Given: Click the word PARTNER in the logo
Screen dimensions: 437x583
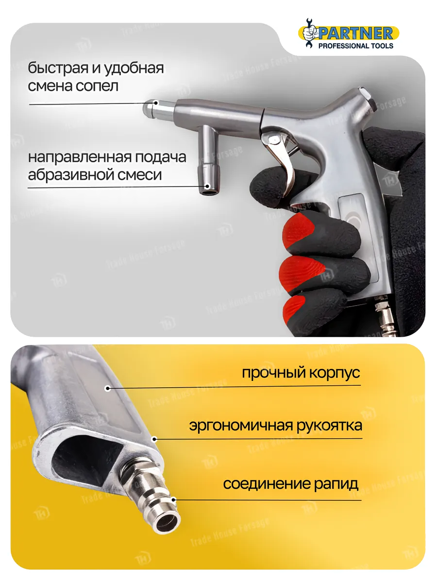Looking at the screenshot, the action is click(356, 34).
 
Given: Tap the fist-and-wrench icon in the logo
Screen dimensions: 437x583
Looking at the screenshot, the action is click(310, 33).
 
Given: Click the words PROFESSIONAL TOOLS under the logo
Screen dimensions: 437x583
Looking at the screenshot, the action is click(356, 46).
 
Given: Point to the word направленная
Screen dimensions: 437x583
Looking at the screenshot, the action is click(80, 157).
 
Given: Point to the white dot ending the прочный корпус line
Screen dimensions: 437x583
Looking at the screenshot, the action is click(107, 389).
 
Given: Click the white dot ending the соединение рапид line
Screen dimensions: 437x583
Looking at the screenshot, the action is click(173, 500).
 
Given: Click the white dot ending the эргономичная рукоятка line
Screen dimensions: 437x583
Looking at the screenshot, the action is click(155, 439).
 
